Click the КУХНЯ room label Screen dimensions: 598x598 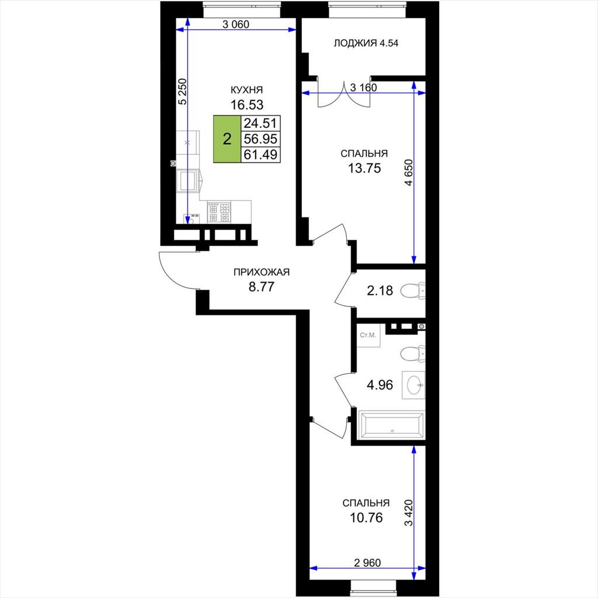[246, 90]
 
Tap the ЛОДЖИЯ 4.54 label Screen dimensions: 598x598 [366, 43]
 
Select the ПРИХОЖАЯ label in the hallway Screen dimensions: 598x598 [261, 272]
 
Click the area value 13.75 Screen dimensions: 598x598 [364, 168]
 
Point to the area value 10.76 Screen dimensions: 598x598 [366, 518]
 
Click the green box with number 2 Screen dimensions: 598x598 [227, 139]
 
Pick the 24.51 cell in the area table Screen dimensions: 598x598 [261, 123]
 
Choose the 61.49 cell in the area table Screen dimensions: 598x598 [261, 154]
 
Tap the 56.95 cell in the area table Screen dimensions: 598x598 [261, 139]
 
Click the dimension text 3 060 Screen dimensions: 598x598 [236, 25]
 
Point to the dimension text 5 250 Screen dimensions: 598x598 [183, 92]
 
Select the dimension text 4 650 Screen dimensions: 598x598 [408, 172]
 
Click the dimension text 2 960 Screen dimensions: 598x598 [367, 562]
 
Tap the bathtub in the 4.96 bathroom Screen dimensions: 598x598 [392, 425]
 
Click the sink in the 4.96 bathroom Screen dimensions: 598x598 [413, 385]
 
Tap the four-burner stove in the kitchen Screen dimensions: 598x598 [219, 213]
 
